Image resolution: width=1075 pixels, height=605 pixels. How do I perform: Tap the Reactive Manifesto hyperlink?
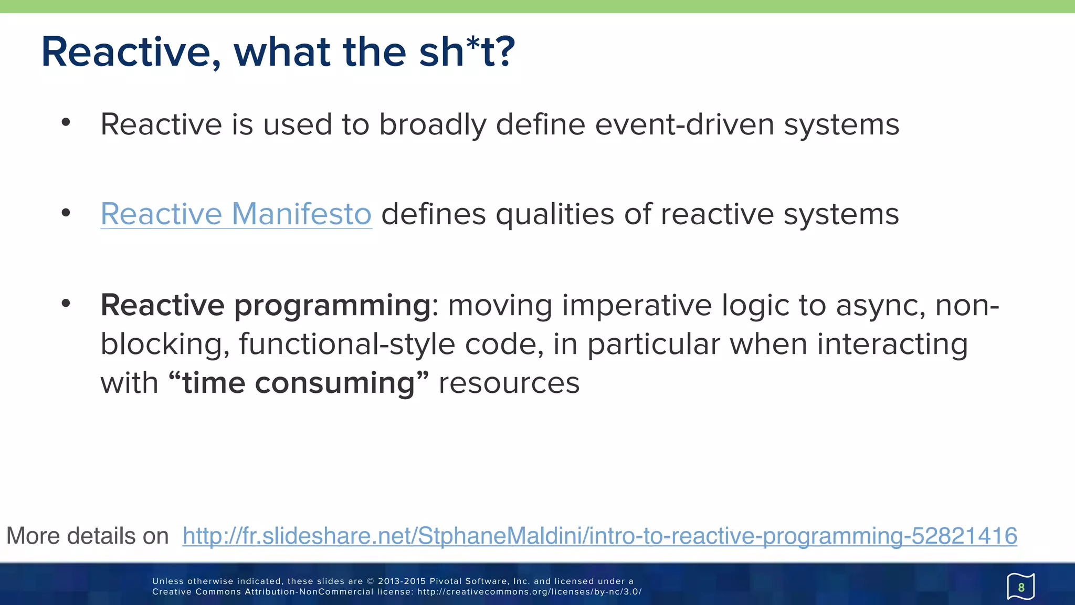[x=236, y=214]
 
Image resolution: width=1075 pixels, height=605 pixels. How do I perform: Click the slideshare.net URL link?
[x=599, y=536]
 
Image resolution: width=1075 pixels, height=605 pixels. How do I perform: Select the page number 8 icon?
[x=1020, y=587]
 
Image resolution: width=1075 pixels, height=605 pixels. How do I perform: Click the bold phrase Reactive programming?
[x=266, y=305]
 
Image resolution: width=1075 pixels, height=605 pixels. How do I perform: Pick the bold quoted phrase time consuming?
[x=299, y=383]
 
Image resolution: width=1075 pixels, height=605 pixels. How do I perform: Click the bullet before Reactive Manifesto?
[x=66, y=213]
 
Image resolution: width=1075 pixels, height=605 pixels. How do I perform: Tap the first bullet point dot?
[x=66, y=122]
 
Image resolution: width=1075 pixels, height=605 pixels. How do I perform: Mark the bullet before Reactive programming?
[x=66, y=303]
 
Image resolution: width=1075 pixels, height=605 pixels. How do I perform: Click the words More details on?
[x=87, y=536]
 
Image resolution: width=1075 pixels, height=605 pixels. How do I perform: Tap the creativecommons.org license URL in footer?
[x=529, y=592]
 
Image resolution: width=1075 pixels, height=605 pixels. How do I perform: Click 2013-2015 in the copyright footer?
[x=401, y=581]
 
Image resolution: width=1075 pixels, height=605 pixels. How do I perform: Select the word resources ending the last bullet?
[x=509, y=383]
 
